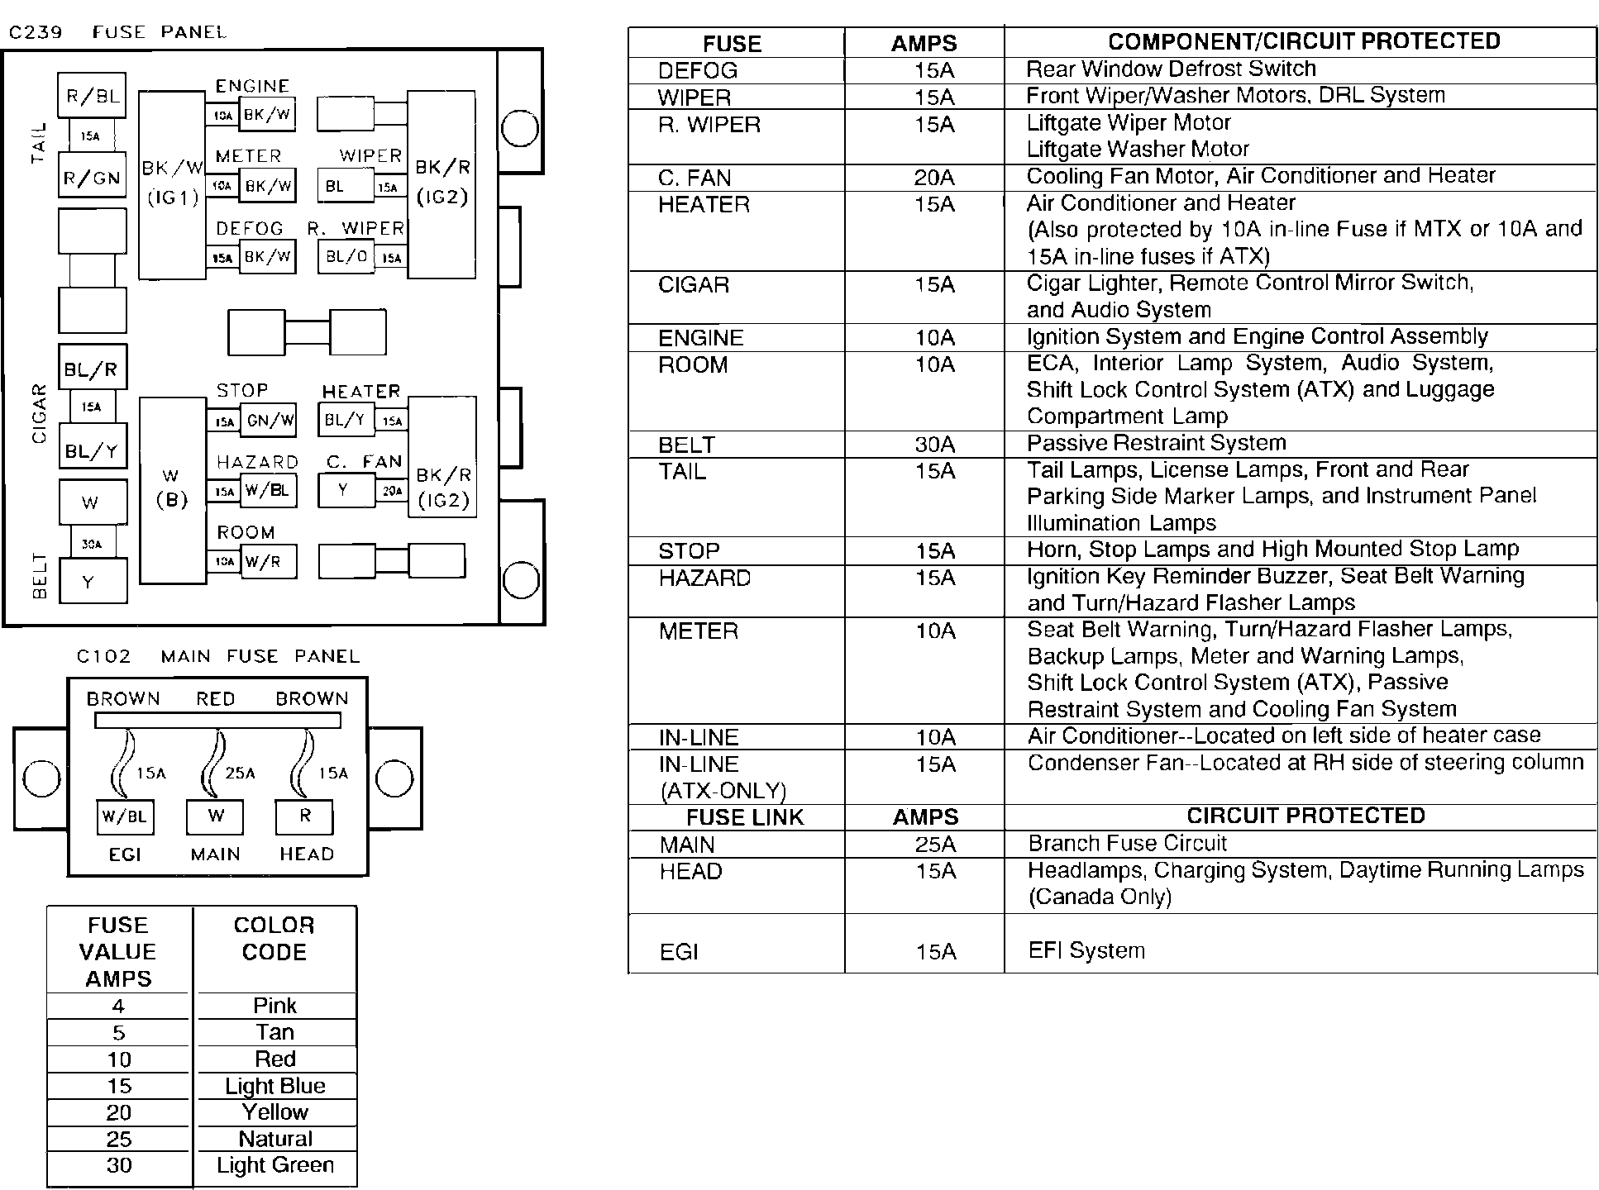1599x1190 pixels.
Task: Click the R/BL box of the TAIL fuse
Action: point(92,96)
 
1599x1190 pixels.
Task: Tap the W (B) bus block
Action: point(172,489)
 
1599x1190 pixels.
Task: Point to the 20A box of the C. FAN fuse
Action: point(391,490)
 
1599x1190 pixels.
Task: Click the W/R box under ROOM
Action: point(268,562)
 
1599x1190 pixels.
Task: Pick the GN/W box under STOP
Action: point(268,420)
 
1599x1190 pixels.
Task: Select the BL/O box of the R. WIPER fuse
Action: point(346,257)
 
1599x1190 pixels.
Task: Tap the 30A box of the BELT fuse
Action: point(92,543)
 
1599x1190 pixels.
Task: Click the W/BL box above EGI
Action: point(125,817)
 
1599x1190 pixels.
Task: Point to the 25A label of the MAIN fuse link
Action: point(240,773)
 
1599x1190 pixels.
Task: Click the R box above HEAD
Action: point(304,816)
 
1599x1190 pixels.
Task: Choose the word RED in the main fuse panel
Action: point(215,699)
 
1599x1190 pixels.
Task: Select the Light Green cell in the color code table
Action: point(275,1165)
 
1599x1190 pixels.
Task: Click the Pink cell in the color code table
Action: point(275,1006)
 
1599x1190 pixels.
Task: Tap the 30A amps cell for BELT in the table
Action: point(934,445)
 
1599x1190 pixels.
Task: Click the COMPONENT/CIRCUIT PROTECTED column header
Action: point(1304,42)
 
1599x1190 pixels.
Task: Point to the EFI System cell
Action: point(1086,950)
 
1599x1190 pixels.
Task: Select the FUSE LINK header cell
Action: point(744,817)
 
